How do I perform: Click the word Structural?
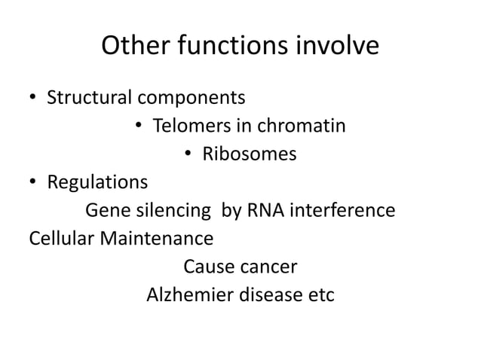pyautogui.click(x=88, y=98)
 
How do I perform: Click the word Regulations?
pyautogui.click(x=97, y=183)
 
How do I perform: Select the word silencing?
pyautogui.click(x=175, y=211)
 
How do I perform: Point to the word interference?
pyautogui.click(x=339, y=210)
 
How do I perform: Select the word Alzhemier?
pyautogui.click(x=189, y=294)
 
